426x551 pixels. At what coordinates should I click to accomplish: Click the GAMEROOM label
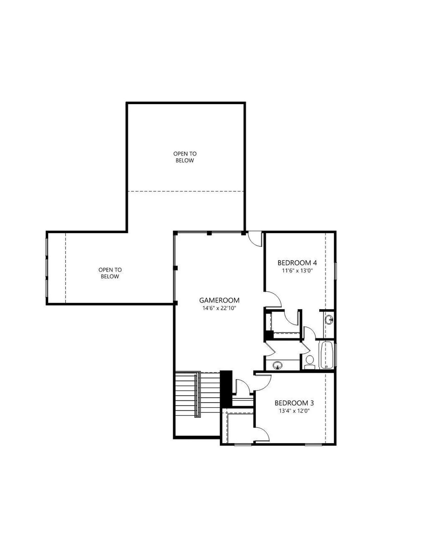click(x=219, y=300)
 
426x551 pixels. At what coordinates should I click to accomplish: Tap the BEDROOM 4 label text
click(x=297, y=263)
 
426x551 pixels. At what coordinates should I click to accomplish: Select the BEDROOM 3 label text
click(x=294, y=403)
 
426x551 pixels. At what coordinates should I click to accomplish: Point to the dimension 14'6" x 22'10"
click(x=219, y=308)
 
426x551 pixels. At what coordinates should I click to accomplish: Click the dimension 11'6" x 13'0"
click(x=297, y=271)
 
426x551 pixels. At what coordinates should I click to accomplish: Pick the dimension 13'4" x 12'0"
click(x=294, y=411)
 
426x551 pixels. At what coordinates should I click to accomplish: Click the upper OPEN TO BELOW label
click(x=185, y=157)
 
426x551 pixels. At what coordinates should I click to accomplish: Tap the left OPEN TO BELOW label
click(x=110, y=273)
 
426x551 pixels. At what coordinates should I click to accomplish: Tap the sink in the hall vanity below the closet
click(x=277, y=366)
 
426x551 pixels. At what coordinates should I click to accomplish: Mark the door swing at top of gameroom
click(x=256, y=239)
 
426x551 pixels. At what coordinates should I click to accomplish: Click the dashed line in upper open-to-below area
click(x=185, y=191)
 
